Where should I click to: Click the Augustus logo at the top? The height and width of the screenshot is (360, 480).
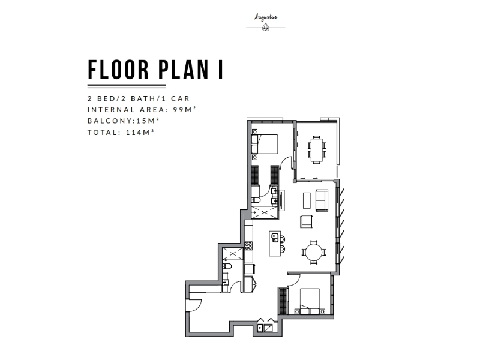point(265,22)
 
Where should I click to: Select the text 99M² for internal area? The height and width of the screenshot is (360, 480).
point(184,109)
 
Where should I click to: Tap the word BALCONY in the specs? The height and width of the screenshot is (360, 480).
point(110,121)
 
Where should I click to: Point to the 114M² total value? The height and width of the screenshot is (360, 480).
point(140,132)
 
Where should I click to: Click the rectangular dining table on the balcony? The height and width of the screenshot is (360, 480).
point(317,149)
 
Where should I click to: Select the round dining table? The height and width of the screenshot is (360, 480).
point(314,252)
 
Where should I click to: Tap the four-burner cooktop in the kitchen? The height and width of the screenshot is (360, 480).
point(248,245)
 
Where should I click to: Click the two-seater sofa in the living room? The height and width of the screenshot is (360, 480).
point(322,200)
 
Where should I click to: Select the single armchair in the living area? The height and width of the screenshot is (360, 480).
point(307,221)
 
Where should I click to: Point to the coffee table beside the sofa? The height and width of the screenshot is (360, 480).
point(307,200)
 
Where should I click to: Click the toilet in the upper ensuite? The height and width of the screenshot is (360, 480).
point(256,200)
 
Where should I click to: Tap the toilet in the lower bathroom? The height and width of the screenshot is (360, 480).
point(227,266)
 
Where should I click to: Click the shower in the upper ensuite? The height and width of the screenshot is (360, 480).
point(264,212)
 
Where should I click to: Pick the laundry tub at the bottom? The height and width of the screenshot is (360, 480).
point(260,328)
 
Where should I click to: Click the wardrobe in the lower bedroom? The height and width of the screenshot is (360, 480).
point(284,301)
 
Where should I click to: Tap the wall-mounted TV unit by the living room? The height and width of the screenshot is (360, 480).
point(281,200)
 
